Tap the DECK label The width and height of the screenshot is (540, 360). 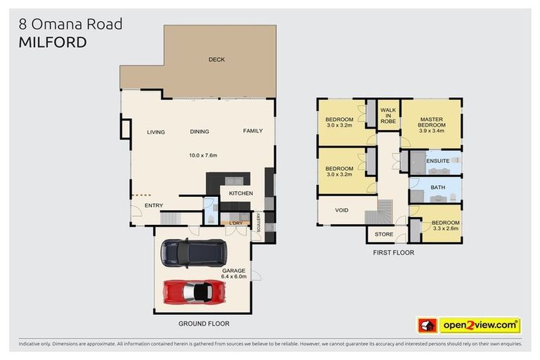click(x=217, y=60)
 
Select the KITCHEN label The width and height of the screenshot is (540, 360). click(x=241, y=193)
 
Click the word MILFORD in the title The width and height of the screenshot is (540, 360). click(x=53, y=43)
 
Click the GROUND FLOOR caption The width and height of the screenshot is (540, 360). click(x=205, y=324)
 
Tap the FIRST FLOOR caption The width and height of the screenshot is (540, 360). click(x=394, y=252)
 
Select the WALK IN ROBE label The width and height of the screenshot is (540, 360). click(x=388, y=116)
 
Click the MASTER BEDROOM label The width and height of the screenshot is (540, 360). click(x=432, y=122)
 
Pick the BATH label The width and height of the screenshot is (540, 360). click(x=437, y=187)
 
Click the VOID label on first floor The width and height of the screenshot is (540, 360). click(x=342, y=210)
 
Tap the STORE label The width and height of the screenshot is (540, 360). click(x=384, y=235)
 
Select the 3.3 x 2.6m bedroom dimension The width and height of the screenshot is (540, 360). click(x=444, y=228)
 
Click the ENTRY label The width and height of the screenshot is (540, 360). click(x=154, y=205)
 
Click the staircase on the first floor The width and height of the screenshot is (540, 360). click(x=385, y=208)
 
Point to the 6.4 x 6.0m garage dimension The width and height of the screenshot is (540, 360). click(x=233, y=277)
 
